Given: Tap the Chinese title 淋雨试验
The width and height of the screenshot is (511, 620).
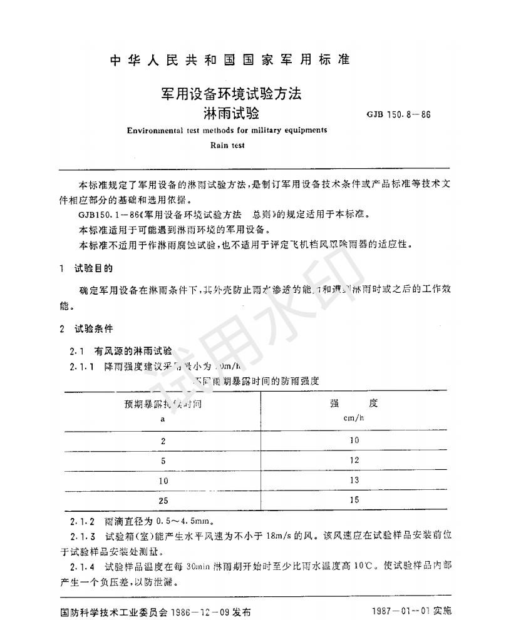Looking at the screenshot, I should (230, 114).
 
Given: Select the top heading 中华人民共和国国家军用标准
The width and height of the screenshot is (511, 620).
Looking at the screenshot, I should (230, 60).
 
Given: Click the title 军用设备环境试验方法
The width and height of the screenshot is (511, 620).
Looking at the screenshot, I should (231, 94).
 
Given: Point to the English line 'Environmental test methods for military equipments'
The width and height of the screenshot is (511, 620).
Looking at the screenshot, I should (227, 130).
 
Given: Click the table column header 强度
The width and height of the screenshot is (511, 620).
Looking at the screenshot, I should (354, 404).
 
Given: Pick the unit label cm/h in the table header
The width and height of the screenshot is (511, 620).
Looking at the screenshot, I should (354, 418).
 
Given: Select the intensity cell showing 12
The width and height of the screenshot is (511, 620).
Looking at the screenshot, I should (354, 460).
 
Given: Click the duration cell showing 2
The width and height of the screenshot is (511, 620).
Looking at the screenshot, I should (163, 440).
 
